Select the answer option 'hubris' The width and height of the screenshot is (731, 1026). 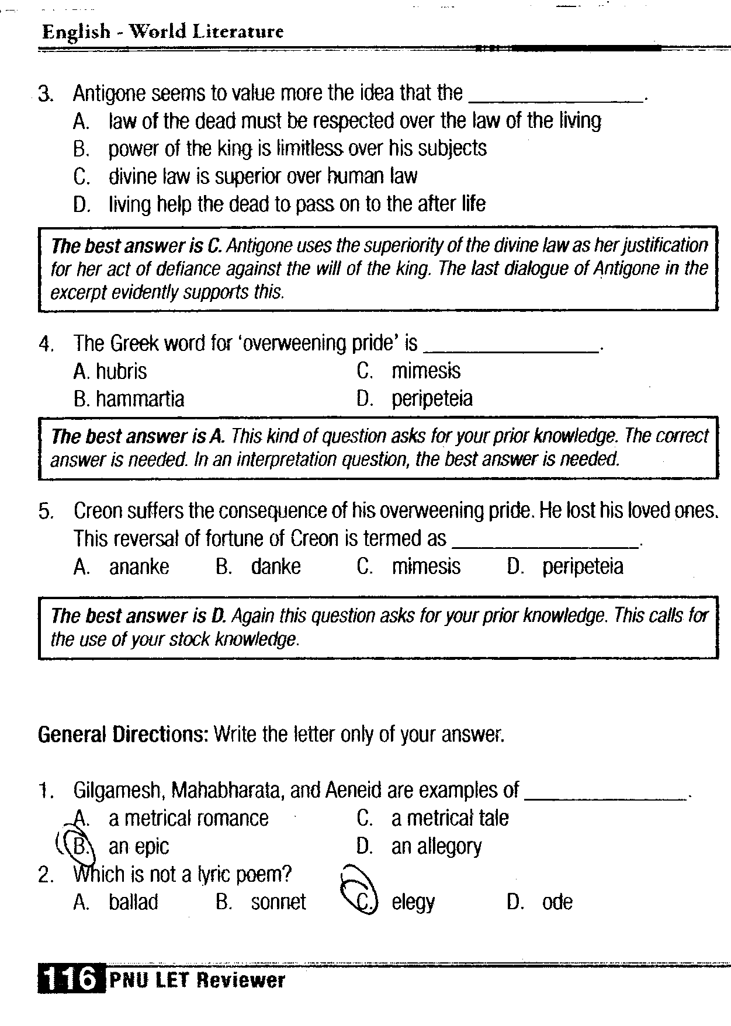[x=121, y=371]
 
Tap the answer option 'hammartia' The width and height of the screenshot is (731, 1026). [x=140, y=399]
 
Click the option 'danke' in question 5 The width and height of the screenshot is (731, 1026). [x=276, y=566]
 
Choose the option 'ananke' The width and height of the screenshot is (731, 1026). [x=139, y=566]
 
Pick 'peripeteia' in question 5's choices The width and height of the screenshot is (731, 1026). [x=583, y=566]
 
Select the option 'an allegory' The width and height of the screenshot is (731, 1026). [x=436, y=846]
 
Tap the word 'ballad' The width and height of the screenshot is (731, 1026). [x=133, y=902]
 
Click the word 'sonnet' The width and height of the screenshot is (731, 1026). [x=278, y=902]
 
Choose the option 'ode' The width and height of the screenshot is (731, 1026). [x=557, y=902]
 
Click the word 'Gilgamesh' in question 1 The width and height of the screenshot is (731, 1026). [x=120, y=791]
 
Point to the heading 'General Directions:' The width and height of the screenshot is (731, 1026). [x=123, y=734]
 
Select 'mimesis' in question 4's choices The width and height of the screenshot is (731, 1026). [x=426, y=371]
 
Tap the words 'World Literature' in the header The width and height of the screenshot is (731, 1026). [x=206, y=32]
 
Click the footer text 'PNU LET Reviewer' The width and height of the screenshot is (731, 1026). [x=197, y=980]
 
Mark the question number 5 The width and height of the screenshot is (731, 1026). [x=46, y=512]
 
